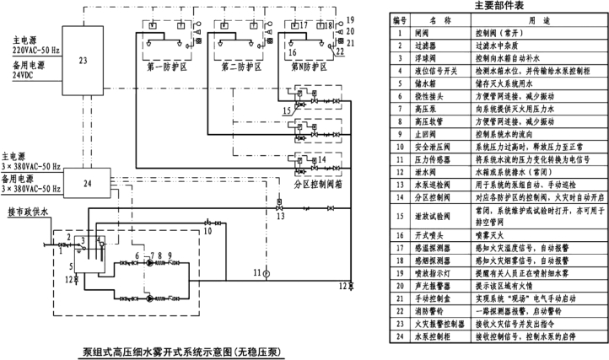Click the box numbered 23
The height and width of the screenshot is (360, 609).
click(81, 61)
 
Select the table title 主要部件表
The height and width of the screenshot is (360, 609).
click(496, 6)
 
